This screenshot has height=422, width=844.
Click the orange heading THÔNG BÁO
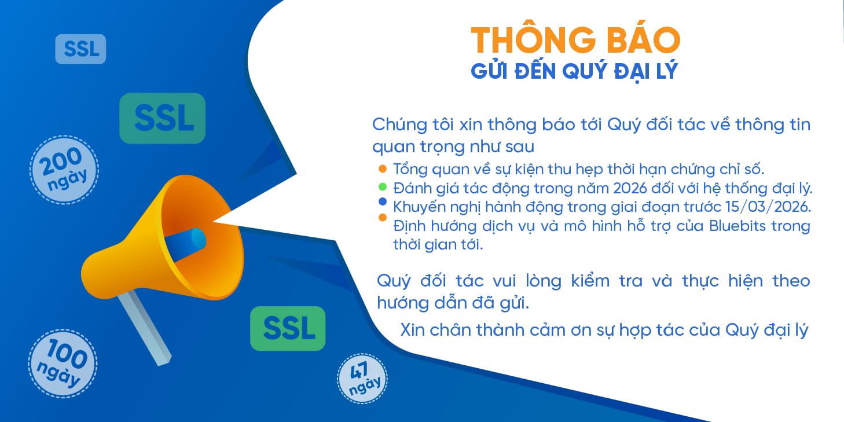tap(575, 40)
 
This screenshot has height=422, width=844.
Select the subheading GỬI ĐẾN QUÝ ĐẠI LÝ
tap(574, 72)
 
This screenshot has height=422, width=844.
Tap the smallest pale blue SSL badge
tap(80, 49)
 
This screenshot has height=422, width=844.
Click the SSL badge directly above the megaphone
tap(162, 118)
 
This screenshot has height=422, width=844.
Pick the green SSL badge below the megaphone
tap(288, 328)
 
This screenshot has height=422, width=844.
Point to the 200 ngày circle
tap(64, 169)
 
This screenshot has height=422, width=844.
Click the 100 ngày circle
tap(63, 363)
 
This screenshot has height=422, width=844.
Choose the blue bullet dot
tap(381, 202)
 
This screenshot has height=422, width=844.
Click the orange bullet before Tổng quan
tap(381, 169)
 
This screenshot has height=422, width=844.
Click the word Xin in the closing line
tap(413, 330)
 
